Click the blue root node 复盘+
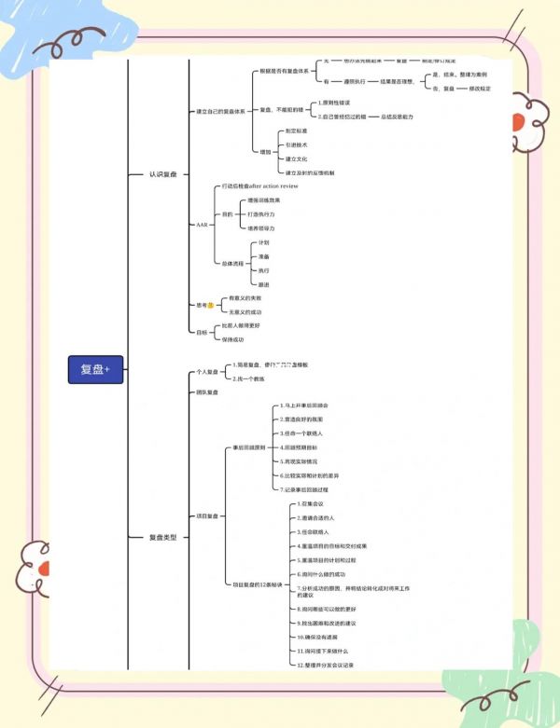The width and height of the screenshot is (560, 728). pyautogui.click(x=95, y=370)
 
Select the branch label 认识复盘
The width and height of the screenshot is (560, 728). pyautogui.click(x=163, y=174)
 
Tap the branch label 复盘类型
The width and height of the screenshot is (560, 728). pyautogui.click(x=163, y=537)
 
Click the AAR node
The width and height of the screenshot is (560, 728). pyautogui.click(x=203, y=225)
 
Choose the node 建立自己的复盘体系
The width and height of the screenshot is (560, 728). pyautogui.click(x=220, y=111)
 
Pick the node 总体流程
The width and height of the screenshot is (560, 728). pyautogui.click(x=234, y=263)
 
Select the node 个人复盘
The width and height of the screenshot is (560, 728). pyautogui.click(x=206, y=372)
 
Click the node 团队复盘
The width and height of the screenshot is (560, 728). pyautogui.click(x=206, y=392)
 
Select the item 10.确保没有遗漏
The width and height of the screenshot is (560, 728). pyautogui.click(x=317, y=636)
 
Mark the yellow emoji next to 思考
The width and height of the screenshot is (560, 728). pyautogui.click(x=211, y=305)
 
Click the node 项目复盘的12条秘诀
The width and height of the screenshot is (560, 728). pyautogui.click(x=256, y=584)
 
